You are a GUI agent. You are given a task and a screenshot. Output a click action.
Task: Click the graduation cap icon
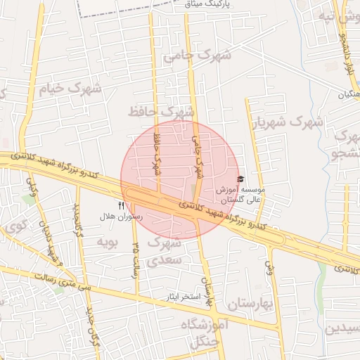(241, 179)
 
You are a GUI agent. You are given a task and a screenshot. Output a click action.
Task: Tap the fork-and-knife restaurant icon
(121, 206)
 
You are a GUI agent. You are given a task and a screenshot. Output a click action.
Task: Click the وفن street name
(269, 266)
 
